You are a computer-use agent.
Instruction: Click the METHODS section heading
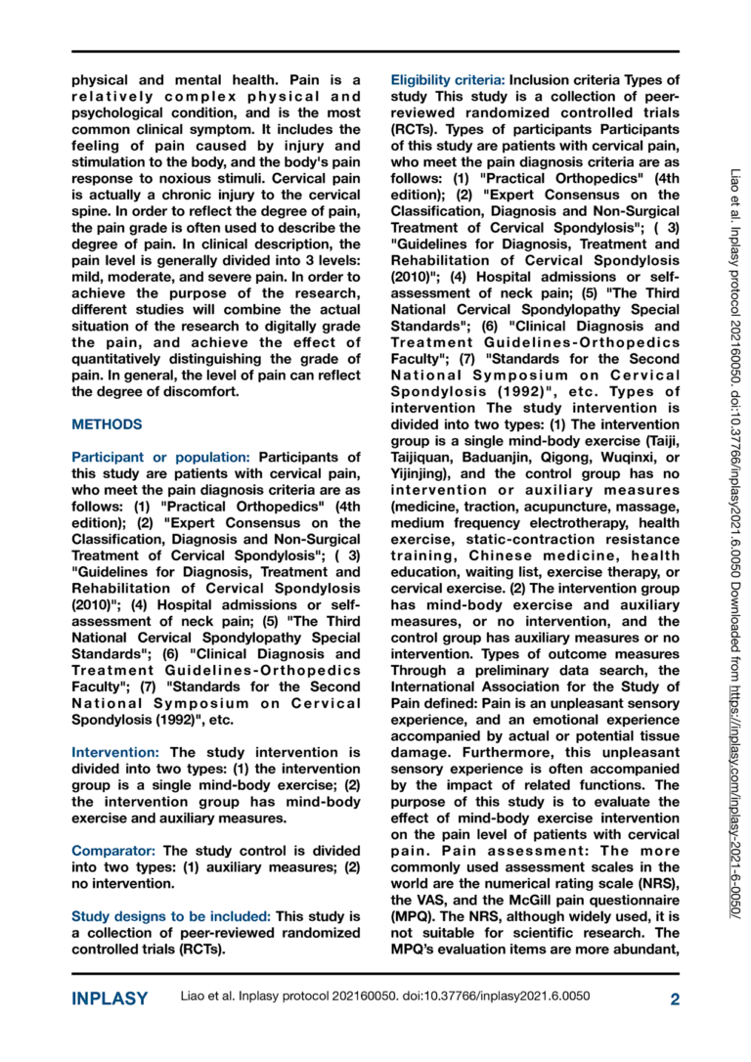click(x=108, y=424)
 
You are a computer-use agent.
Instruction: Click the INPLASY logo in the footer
click(x=110, y=998)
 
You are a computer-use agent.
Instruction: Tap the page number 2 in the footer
click(x=675, y=998)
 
